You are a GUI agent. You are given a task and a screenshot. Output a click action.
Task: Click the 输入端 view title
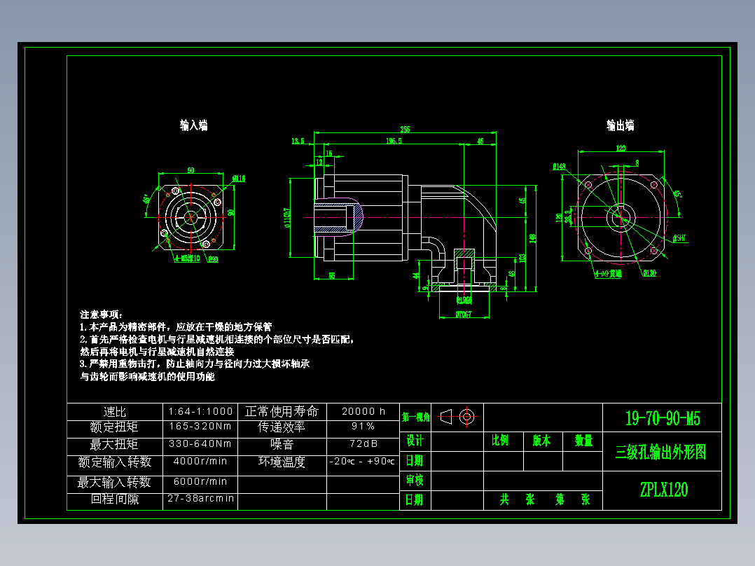(193, 125)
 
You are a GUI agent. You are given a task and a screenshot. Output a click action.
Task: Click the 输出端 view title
(620, 125)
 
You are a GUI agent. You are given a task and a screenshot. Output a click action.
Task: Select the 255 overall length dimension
(405, 129)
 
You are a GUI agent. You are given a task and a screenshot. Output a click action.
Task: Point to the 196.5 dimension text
(394, 141)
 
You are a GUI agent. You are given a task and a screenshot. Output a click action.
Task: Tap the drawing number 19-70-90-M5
(662, 419)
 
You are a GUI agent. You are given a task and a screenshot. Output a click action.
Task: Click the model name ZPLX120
(663, 490)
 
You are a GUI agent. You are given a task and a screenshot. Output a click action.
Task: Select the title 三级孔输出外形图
(661, 452)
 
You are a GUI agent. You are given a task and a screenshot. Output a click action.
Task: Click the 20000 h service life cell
(363, 411)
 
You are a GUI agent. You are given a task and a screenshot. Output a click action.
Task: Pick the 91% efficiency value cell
(363, 427)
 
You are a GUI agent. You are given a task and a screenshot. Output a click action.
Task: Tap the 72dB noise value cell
(363, 444)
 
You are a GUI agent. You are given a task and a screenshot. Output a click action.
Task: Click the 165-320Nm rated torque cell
(200, 427)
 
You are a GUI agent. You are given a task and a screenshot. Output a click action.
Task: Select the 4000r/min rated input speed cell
(200, 462)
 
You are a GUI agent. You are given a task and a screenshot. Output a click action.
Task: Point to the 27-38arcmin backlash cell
(200, 499)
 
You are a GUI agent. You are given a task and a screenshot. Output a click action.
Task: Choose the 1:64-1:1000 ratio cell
(200, 411)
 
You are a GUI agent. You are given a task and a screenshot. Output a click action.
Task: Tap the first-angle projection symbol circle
(467, 417)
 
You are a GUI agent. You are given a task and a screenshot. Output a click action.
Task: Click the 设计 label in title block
(415, 441)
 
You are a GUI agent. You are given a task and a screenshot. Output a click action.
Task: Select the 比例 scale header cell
(500, 441)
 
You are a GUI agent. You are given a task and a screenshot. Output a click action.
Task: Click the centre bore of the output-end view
(619, 217)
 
